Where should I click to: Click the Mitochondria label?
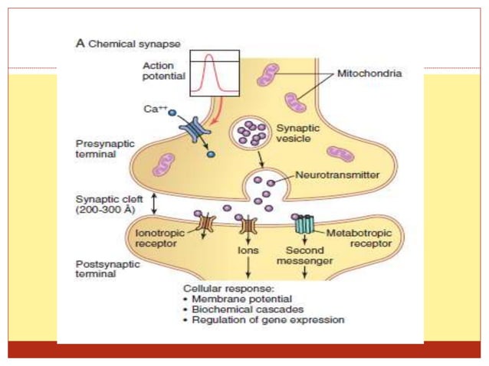pyautogui.click(x=370, y=74)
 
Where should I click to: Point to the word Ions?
pyautogui.click(x=247, y=248)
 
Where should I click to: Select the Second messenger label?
pyautogui.click(x=305, y=255)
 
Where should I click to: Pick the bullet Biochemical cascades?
pyautogui.click(x=242, y=309)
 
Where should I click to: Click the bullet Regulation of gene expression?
pyautogui.click(x=261, y=320)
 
